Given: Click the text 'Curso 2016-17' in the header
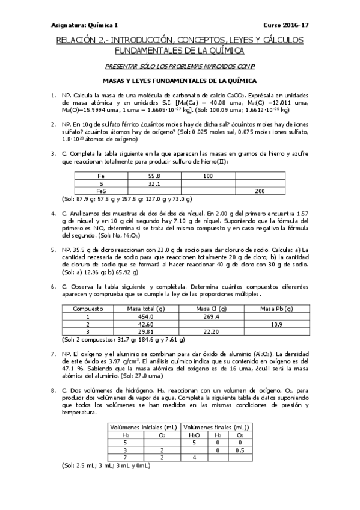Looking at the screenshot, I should tap(286, 25).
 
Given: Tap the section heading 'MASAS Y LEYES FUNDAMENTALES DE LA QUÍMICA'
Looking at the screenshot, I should tap(180, 79).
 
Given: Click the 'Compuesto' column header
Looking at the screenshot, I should tap(88, 308).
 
